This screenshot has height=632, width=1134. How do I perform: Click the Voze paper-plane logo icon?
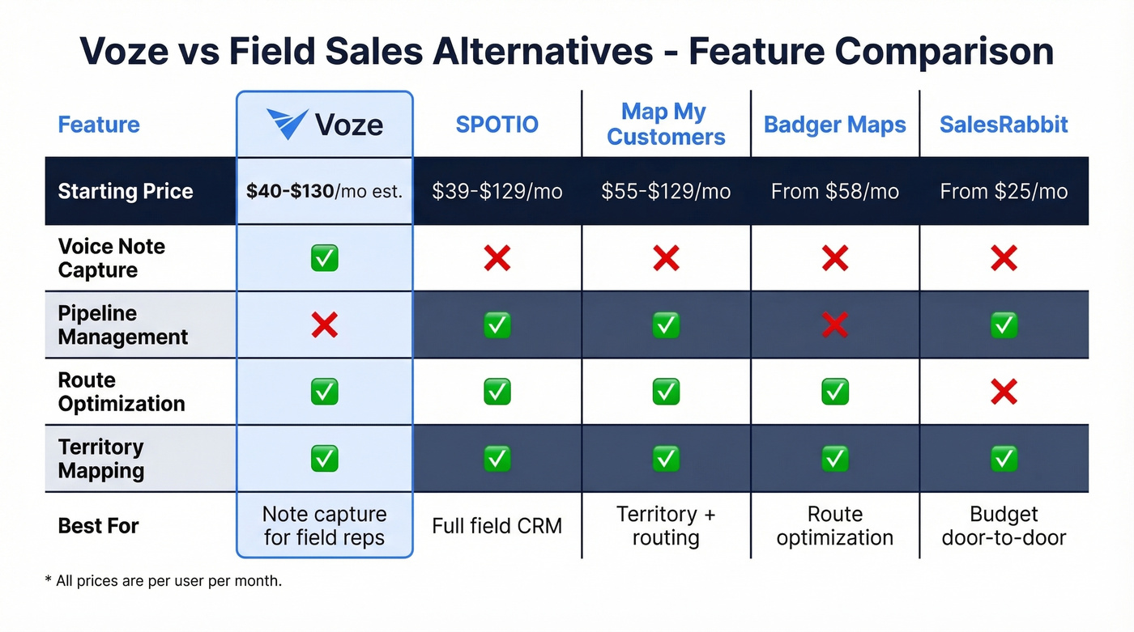287,125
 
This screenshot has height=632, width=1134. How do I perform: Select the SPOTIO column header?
497,125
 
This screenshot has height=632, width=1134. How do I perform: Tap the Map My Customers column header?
666,124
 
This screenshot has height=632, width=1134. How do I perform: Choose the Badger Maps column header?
835,125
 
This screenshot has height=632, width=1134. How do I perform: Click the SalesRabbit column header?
1004,125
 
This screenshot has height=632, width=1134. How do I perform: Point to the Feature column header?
99,125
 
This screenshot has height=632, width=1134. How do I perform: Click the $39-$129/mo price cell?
497,192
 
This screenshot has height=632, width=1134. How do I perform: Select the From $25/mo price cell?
1004,192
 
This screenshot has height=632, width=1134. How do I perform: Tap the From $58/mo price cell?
835,192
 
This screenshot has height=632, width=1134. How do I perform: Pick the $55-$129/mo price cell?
666,192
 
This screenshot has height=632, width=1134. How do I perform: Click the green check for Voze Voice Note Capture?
325,258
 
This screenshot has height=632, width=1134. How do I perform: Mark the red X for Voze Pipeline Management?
325,325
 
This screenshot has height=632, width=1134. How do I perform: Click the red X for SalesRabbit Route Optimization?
1004,392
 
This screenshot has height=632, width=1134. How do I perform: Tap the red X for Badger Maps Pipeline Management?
835,325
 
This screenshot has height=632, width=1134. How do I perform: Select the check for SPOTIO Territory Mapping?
497,459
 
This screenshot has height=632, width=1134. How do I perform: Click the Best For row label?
99,526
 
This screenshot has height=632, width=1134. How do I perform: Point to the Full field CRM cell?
497,526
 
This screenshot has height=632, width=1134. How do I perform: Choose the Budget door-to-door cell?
1004,526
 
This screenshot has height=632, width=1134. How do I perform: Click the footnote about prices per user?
163,581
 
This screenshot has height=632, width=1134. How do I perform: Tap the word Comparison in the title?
944,51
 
